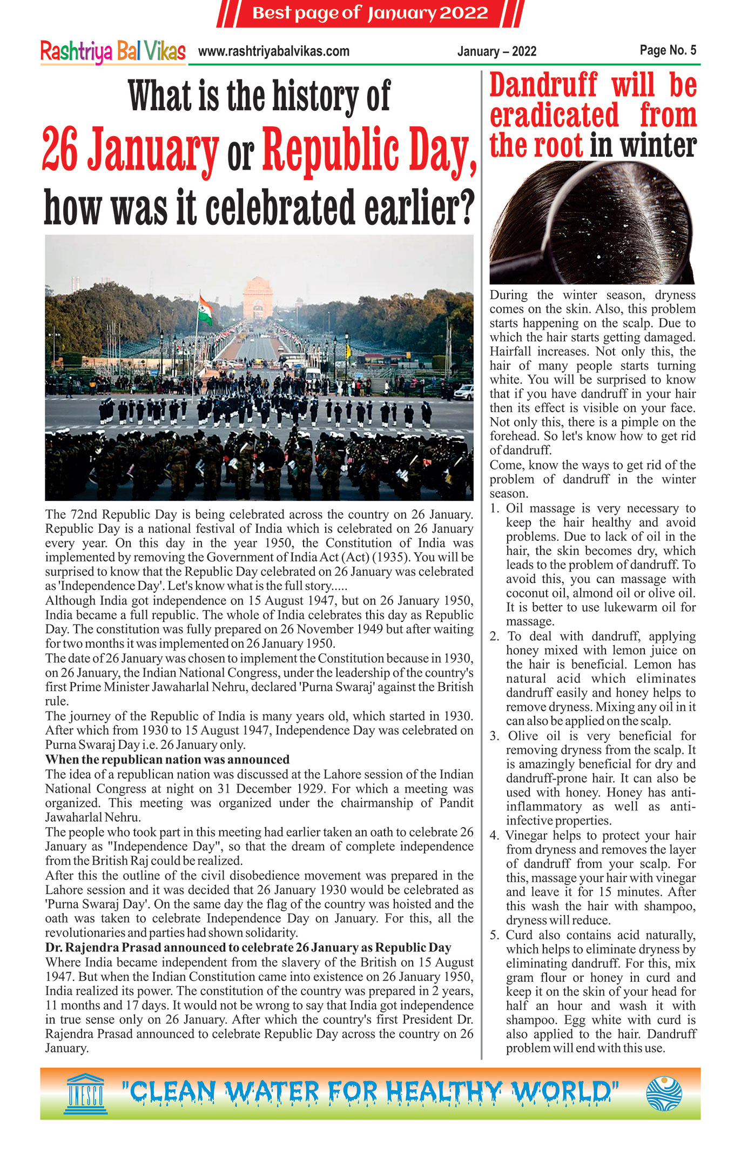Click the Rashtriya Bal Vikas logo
click(113, 52)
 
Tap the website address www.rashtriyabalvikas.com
click(273, 52)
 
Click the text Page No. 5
click(668, 50)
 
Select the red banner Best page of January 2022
click(370, 13)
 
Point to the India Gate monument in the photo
click(258, 298)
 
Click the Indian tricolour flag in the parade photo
click(205, 309)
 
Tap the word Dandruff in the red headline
click(543, 85)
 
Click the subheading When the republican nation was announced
click(167, 759)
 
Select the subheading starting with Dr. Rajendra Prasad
click(248, 948)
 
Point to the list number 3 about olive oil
click(495, 736)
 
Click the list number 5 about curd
click(495, 935)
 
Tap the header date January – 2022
click(496, 52)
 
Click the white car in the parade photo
click(463, 392)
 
